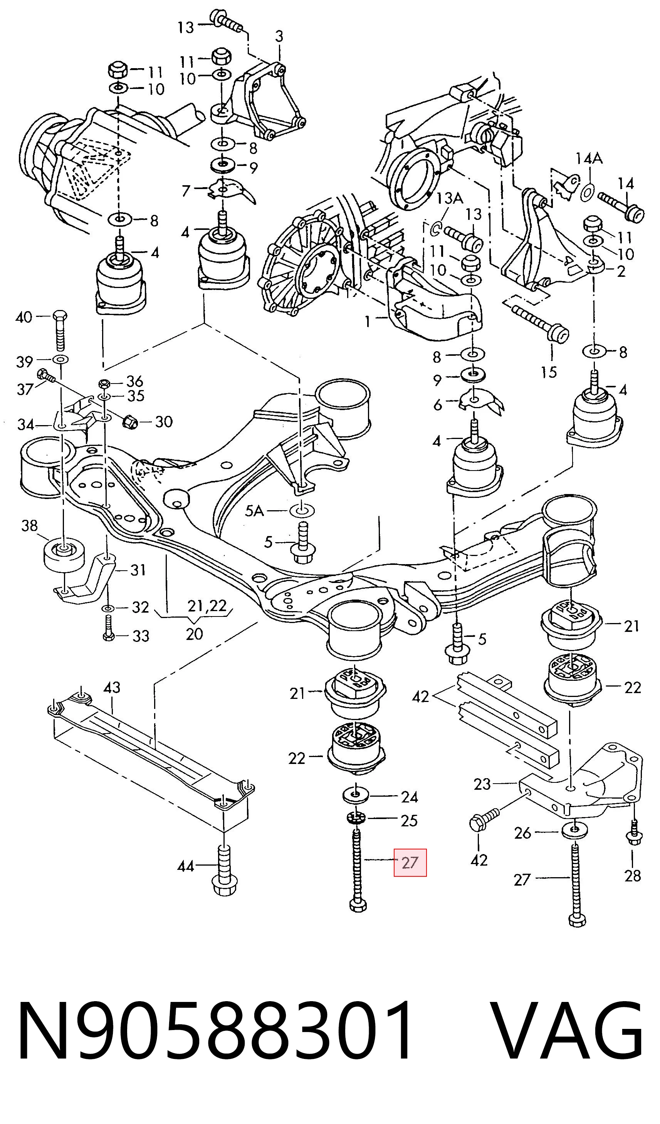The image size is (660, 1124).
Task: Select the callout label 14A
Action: (589, 158)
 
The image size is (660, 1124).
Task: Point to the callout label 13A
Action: (449, 198)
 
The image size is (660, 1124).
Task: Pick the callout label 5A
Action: (254, 511)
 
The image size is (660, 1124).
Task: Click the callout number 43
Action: (112, 687)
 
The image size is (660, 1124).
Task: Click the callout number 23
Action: (482, 784)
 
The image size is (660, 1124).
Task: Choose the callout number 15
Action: (549, 372)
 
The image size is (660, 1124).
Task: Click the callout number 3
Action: (279, 36)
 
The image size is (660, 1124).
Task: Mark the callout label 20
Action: (194, 634)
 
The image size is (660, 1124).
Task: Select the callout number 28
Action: (632, 876)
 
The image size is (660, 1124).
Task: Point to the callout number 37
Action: (25, 389)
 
